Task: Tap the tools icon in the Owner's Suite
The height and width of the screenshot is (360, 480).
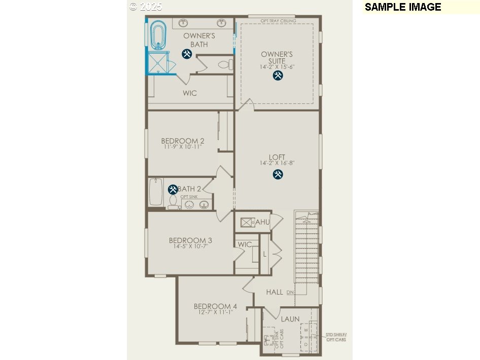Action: [x=278, y=76]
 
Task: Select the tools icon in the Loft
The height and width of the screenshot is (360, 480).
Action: [x=278, y=174]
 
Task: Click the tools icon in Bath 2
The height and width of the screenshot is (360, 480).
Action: [x=173, y=189]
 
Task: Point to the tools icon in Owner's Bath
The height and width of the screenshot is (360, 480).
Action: [x=186, y=54]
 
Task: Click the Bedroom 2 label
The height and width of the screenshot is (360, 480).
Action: [x=183, y=141]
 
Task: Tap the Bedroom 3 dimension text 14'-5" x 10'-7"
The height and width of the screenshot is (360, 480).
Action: [x=190, y=246]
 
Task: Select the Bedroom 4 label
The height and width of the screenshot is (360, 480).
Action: [x=215, y=306]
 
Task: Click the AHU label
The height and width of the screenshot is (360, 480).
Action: [x=262, y=222]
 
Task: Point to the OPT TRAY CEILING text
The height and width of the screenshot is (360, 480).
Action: [x=278, y=21]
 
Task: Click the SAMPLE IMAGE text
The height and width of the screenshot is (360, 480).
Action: [x=403, y=7]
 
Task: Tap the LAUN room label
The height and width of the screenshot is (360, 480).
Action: [x=291, y=319]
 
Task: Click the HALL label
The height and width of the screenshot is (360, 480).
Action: [x=275, y=292]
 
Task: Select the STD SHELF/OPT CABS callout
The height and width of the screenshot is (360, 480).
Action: [x=336, y=337]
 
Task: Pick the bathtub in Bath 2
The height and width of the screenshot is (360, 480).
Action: [x=155, y=191]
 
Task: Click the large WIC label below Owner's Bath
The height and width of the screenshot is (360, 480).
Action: [x=190, y=93]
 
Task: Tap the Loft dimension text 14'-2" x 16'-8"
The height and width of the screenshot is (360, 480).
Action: [x=277, y=163]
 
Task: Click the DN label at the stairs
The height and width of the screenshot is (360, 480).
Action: [x=290, y=293]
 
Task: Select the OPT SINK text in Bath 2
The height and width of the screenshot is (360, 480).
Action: [x=189, y=197]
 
